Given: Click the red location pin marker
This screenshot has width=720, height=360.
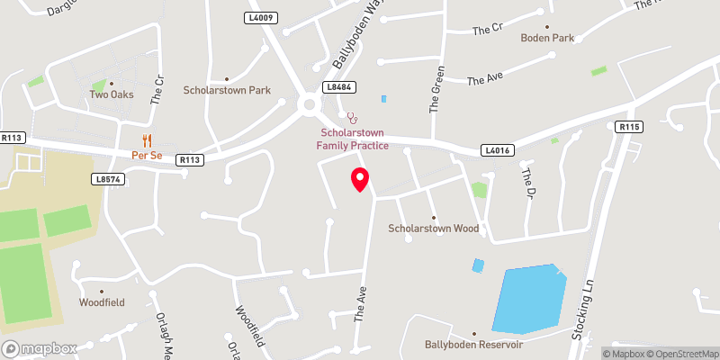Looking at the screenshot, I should click(360, 178).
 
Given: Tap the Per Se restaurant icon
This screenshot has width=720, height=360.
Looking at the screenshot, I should click(145, 140).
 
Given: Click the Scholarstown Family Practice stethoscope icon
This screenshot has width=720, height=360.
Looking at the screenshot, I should click(353, 117).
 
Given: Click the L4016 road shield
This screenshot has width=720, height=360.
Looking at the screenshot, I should click(496, 150).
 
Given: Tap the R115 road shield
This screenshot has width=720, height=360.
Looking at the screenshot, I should click(629, 128).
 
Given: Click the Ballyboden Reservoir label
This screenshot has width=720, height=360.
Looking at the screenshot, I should click(474, 345).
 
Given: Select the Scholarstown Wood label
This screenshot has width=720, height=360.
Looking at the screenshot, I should click(433, 229).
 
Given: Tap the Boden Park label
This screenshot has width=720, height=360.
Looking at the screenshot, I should click(546, 38).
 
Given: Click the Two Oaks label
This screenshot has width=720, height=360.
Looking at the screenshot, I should click(111, 94).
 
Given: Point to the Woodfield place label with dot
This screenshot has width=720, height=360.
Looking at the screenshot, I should click(101, 302).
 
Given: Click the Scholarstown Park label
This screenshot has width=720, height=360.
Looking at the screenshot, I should click(227, 90).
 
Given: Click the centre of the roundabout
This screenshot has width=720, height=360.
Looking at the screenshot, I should click(310, 105).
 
